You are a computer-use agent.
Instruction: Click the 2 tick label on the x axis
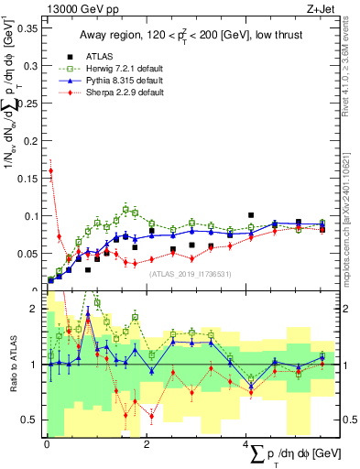(147, 443)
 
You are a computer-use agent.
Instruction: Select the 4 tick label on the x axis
(246, 443)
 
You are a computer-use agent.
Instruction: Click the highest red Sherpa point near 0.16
(51, 170)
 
